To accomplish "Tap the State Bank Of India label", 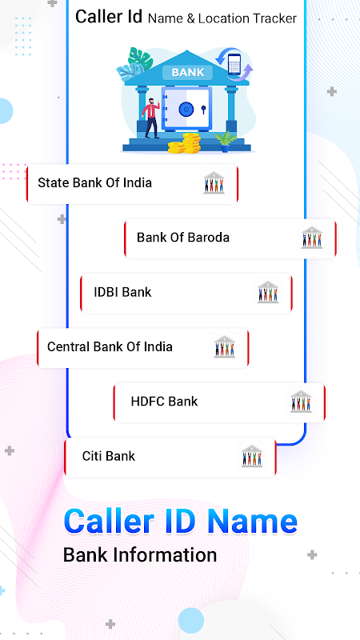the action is pyautogui.click(x=94, y=182).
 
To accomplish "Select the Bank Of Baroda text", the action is pyautogui.click(x=183, y=237).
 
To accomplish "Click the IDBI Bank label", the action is pyautogui.click(x=122, y=292).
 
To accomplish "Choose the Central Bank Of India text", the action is pyautogui.click(x=110, y=346).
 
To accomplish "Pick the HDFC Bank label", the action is pyautogui.click(x=164, y=402).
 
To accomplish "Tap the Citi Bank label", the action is pyautogui.click(x=109, y=456).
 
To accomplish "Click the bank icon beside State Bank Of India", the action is pyautogui.click(x=214, y=182).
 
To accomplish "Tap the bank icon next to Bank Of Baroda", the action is pyautogui.click(x=312, y=238).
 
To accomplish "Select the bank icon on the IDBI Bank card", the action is pyautogui.click(x=268, y=292).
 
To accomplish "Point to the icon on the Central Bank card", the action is pyautogui.click(x=225, y=347).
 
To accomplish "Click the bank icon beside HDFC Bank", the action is pyautogui.click(x=301, y=402).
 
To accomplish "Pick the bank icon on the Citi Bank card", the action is pyautogui.click(x=252, y=456).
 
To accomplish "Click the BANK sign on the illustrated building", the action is pyautogui.click(x=188, y=73).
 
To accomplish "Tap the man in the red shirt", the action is pyautogui.click(x=151, y=118).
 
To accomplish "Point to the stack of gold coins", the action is pyautogui.click(x=185, y=143).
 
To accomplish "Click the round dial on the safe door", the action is pyautogui.click(x=186, y=110).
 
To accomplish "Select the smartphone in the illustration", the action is pyautogui.click(x=234, y=64).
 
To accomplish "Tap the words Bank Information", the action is pyautogui.click(x=140, y=555).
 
